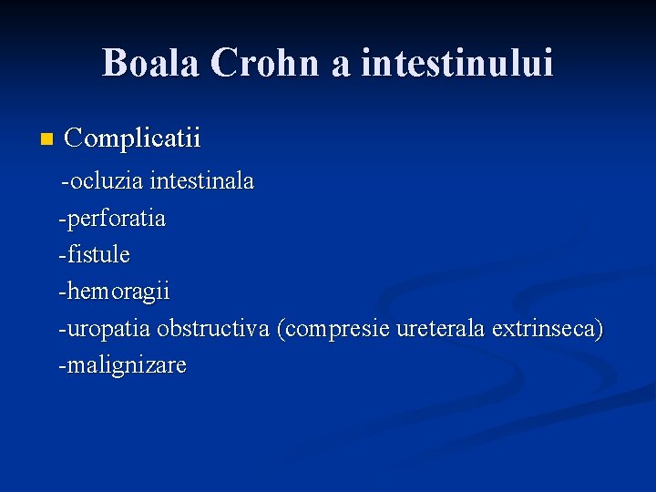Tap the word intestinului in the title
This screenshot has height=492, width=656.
click(456, 63)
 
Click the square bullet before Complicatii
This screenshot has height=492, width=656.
click(47, 139)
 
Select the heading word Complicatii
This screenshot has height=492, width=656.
click(133, 139)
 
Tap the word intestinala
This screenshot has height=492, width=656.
click(202, 181)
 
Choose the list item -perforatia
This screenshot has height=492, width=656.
click(112, 219)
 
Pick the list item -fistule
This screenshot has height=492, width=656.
click(94, 255)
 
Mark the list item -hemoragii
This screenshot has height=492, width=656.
click(114, 292)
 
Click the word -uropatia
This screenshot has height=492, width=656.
click(105, 329)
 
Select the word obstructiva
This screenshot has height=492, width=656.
click(213, 329)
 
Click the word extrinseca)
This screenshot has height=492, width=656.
click(548, 329)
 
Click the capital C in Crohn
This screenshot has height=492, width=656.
click(224, 63)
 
